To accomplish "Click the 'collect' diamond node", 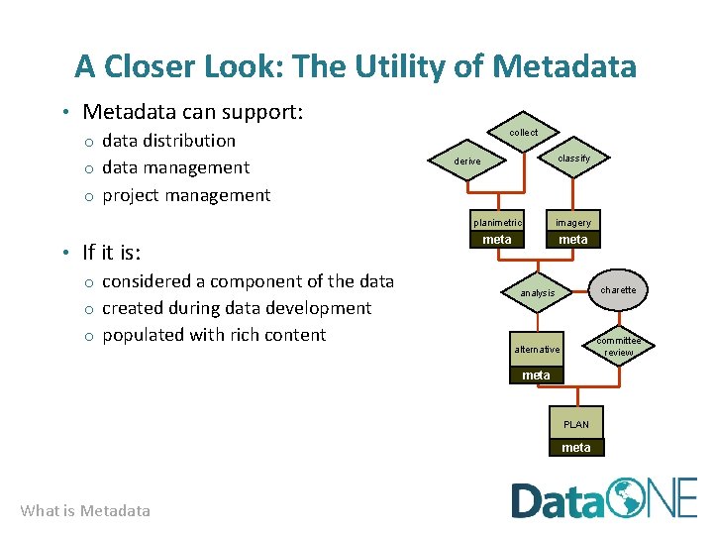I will tap(523, 133).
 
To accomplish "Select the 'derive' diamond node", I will tap(467, 161).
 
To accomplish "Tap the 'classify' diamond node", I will tap(573, 159).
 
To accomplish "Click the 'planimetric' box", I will tap(497, 222).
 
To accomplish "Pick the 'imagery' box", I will tap(573, 222).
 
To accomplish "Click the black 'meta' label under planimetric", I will tap(497, 240).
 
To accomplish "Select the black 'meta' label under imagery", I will tap(573, 240).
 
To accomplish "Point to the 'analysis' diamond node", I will tap(538, 293).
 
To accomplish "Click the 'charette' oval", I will tap(619, 290).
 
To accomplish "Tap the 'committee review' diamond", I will tap(619, 346).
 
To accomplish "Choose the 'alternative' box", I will tap(537, 349).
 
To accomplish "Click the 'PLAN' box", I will tap(576, 424).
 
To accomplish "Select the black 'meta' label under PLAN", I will tap(576, 448).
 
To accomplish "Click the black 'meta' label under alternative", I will tap(536, 375).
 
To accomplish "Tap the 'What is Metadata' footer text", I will tap(85, 511).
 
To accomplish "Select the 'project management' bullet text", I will tap(186, 195).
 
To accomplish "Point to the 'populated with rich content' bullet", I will tap(214, 335).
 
